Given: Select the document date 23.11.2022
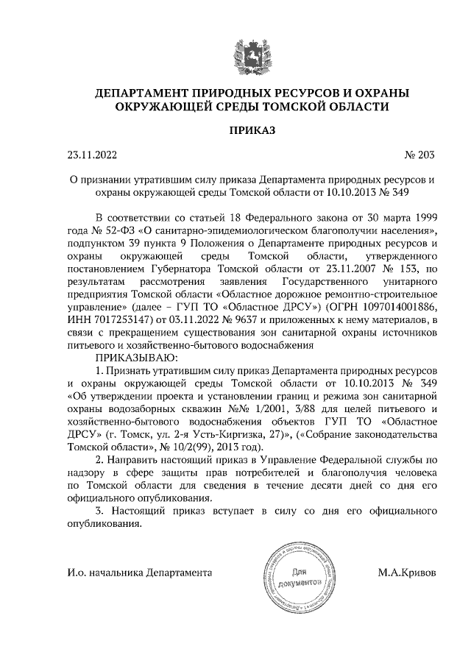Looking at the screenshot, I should click(92, 155).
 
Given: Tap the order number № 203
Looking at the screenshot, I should click(419, 155).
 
